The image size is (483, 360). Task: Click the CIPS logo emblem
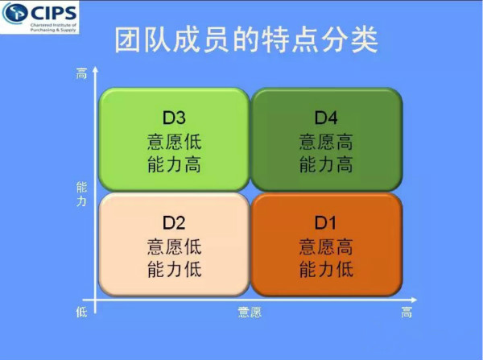click(14, 13)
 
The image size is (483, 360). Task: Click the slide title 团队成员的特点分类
click(246, 40)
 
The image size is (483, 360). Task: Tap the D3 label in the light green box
click(174, 118)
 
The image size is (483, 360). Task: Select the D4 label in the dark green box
click(326, 118)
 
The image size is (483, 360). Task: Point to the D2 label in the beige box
click(174, 222)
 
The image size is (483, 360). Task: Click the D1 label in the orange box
click(325, 222)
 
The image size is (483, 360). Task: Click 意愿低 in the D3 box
click(175, 142)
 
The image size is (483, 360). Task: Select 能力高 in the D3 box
click(175, 164)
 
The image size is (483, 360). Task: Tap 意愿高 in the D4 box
click(326, 142)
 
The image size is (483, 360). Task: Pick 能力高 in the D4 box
click(326, 164)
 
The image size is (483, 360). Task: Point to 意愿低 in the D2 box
click(175, 246)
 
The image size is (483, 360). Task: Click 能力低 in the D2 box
click(175, 269)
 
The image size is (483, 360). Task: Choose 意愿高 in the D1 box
click(326, 246)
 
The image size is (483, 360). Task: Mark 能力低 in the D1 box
click(326, 269)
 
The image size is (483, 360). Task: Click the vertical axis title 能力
click(81, 194)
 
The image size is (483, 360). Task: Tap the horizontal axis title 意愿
click(250, 312)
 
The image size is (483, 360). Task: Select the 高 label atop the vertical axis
click(81, 73)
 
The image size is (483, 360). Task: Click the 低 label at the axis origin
click(81, 312)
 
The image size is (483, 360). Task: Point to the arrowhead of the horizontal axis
click(414, 300)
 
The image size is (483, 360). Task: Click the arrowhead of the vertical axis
click(95, 69)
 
